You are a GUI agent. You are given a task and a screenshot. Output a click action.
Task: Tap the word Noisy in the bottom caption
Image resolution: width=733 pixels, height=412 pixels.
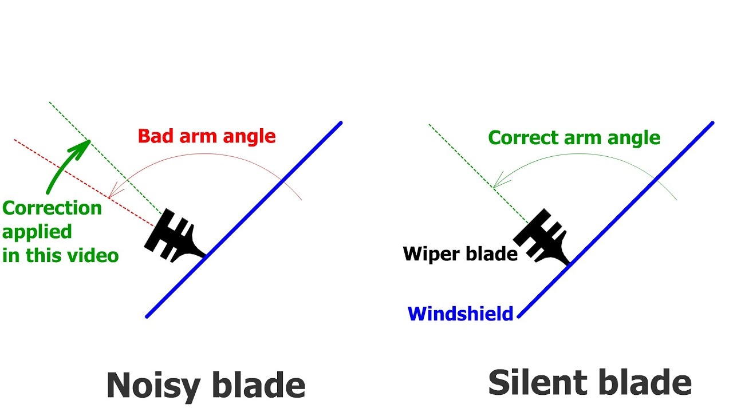[x=152, y=385]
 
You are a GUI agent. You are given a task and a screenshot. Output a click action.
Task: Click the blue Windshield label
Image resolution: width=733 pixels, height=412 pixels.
[x=460, y=314]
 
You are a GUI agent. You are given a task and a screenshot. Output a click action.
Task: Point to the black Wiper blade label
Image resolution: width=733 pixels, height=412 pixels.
[x=460, y=253]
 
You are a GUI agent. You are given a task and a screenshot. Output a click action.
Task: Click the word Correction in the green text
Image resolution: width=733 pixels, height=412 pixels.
[x=52, y=207]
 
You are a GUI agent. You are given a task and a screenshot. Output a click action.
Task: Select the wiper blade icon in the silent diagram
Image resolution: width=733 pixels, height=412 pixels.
[x=542, y=237]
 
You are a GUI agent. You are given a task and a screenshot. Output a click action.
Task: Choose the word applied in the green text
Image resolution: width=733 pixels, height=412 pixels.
[x=37, y=231]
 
